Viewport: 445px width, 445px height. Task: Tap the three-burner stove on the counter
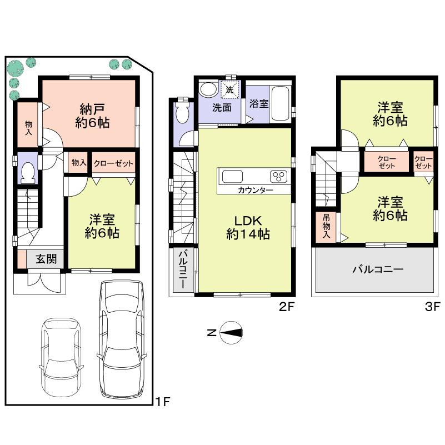[x=278, y=177]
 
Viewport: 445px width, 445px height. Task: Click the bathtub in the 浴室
[x=280, y=103]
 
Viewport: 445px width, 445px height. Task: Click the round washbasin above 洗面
[x=208, y=89]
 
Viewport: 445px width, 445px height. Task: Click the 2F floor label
[x=286, y=306]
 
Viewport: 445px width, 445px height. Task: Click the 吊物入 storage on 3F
[x=326, y=227]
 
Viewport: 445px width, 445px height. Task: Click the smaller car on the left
[x=61, y=356]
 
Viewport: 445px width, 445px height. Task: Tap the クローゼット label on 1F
[x=113, y=163]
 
